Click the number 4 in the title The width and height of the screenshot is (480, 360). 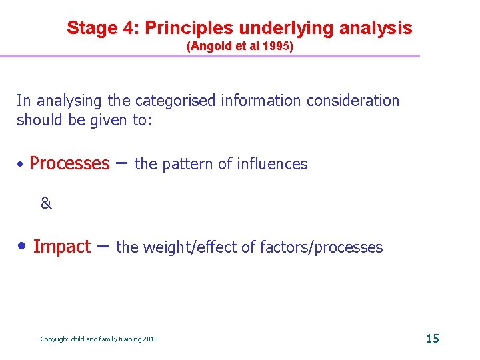(128, 28)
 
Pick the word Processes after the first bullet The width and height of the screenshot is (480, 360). (69, 163)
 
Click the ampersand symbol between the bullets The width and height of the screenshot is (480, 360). (46, 204)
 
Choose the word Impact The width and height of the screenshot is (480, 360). (61, 247)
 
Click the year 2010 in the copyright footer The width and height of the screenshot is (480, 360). (150, 339)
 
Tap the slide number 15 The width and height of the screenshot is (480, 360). (433, 339)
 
